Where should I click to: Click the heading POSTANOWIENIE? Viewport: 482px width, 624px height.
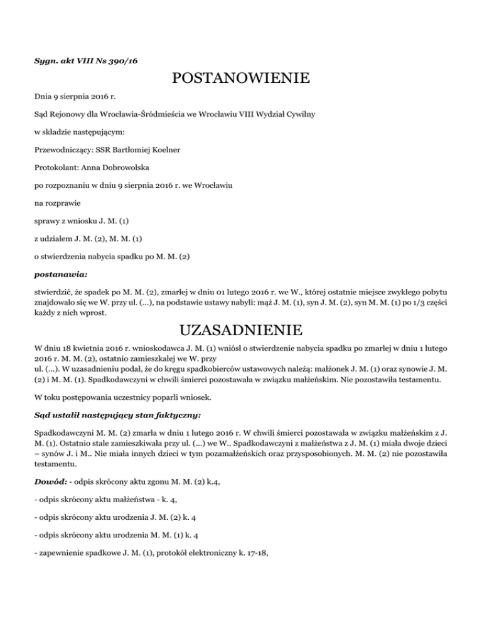(x=241, y=78)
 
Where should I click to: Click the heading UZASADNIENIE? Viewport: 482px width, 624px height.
(x=241, y=330)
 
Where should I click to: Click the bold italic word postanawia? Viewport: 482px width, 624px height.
(x=60, y=274)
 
